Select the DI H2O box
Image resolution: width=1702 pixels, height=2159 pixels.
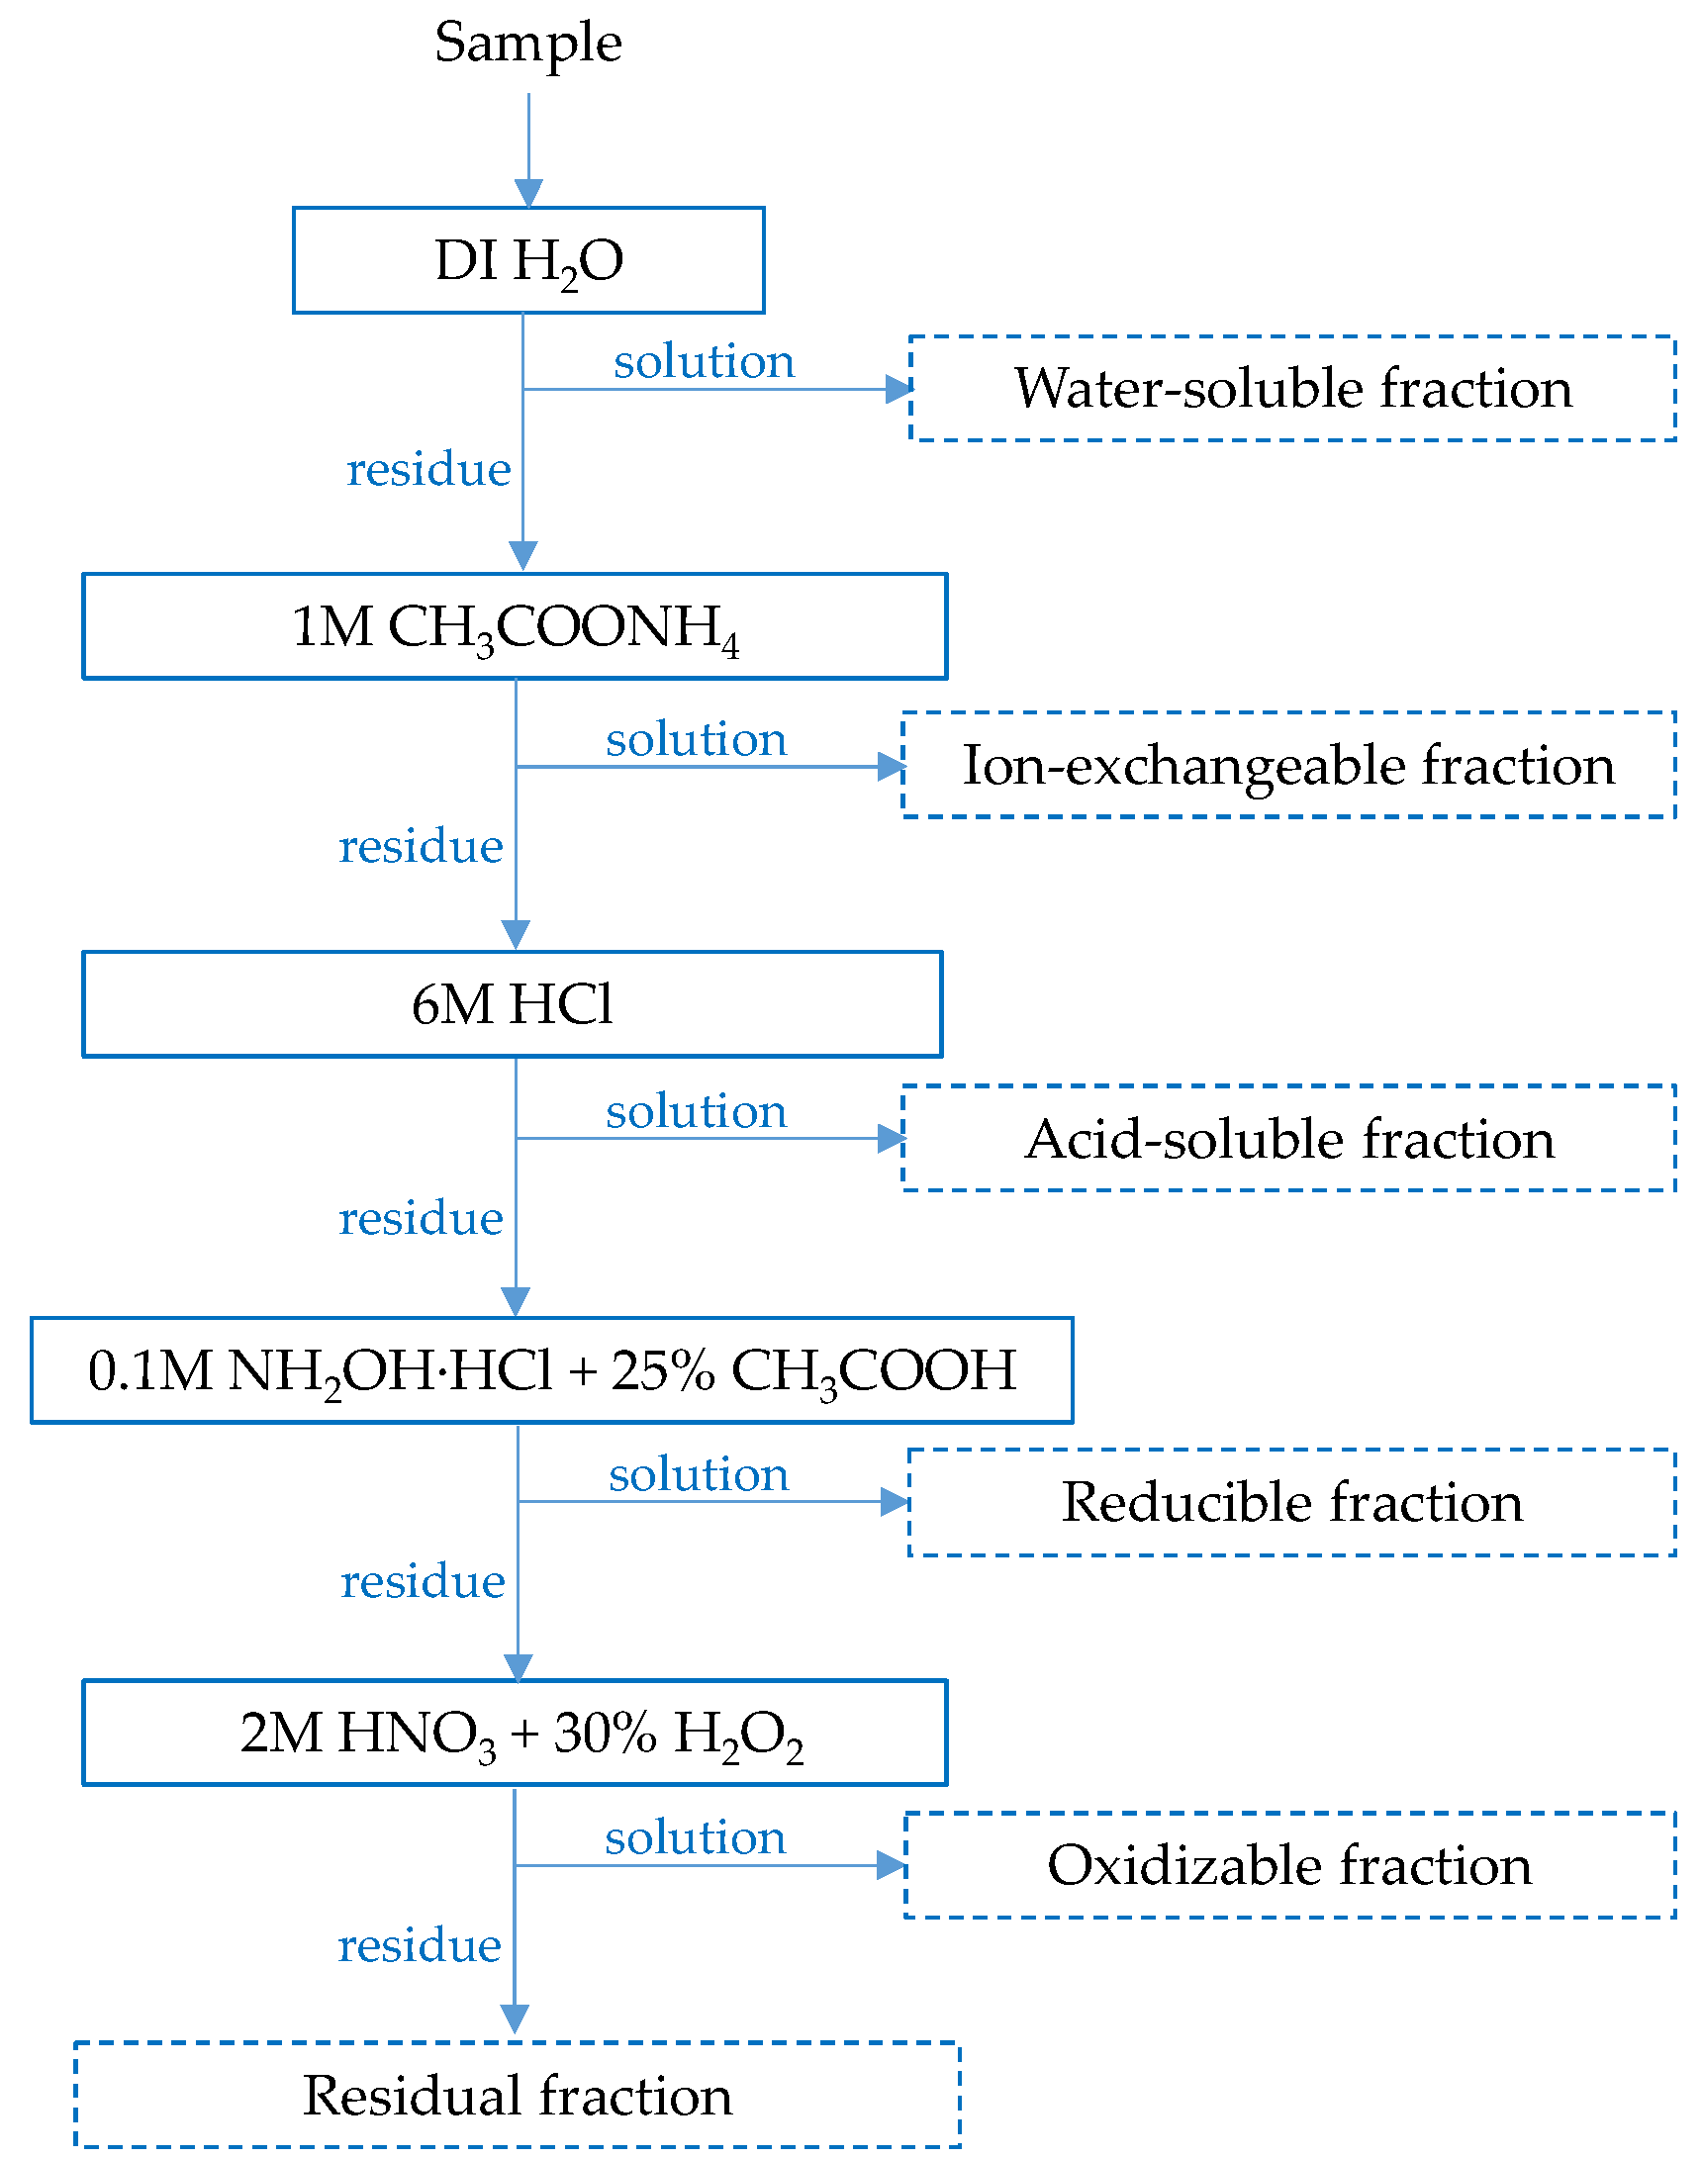528,261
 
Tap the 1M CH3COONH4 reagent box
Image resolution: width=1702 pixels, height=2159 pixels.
515,626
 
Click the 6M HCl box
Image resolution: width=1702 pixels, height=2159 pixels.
513,1004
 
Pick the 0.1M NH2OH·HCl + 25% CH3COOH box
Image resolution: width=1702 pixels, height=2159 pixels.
551,1371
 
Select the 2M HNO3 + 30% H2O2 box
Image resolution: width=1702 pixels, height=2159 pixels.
515,1734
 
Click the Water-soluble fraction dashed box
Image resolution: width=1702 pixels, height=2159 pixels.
1292,389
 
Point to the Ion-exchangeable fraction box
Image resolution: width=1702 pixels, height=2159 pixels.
1288,765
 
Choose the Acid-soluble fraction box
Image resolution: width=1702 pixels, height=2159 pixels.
1288,1139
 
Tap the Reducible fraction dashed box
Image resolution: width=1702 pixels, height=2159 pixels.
1291,1502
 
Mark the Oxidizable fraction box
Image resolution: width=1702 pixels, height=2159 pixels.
1289,1866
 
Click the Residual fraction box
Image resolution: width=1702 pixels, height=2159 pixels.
518,2097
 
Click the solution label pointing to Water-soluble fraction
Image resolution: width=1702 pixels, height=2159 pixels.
704,362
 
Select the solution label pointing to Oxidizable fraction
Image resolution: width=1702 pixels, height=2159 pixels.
696,1838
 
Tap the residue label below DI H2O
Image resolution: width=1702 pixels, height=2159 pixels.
428,469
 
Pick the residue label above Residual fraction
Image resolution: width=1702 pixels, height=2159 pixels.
420,1946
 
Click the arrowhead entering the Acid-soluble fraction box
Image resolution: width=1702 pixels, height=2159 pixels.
891,1139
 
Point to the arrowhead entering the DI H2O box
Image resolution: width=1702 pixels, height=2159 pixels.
528,193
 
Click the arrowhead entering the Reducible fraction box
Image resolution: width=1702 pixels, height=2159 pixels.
894,1502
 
